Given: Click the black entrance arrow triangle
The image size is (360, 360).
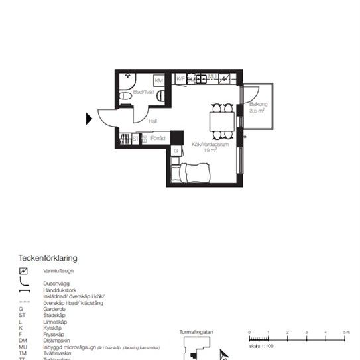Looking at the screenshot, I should [89, 119].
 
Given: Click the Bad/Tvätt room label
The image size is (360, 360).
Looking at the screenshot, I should [143, 92].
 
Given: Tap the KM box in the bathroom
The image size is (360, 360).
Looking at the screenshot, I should [159, 80].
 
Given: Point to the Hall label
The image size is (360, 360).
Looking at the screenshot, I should [153, 121].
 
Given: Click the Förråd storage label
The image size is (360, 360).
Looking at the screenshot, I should [158, 139].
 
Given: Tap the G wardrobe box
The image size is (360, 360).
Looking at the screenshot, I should [176, 151].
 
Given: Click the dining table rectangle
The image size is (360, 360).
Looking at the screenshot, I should [221, 121].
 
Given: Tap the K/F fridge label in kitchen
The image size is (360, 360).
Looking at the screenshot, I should [180, 79].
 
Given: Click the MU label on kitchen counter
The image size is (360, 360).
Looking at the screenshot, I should [213, 78].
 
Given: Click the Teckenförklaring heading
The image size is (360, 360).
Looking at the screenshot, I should [48, 257].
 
